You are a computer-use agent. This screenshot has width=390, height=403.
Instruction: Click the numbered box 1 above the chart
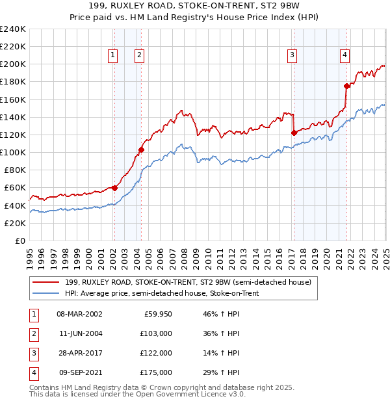113,55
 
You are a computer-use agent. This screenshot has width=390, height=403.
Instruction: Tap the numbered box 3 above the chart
292,55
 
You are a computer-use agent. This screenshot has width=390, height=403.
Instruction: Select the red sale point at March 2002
114,188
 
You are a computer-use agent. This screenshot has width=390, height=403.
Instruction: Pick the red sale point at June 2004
141,150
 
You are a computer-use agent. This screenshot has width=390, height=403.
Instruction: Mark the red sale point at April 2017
294,133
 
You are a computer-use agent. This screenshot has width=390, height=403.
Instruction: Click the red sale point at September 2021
346,86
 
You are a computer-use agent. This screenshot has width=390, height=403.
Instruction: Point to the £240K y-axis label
12,29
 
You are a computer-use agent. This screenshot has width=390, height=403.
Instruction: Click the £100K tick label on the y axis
12,152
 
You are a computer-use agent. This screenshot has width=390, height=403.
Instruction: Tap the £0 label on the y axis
19,240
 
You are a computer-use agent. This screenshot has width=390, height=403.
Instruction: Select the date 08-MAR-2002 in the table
79,313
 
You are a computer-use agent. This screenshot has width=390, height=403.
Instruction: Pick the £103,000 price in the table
157,333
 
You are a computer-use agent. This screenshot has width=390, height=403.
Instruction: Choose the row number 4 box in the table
32,373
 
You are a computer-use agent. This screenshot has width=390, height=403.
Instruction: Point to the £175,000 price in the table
157,373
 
